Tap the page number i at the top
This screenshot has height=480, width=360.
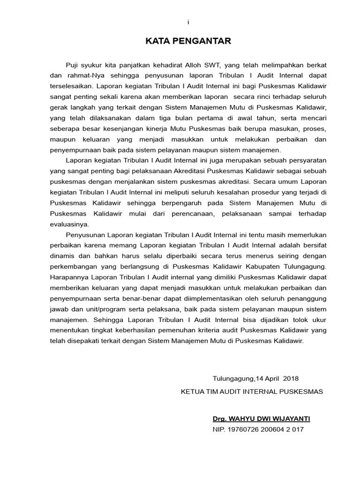click(x=188, y=22)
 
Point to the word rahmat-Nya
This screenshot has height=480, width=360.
click(x=80, y=75)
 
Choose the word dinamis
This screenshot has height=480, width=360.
click(x=60, y=256)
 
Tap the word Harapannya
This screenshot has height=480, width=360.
click(x=68, y=277)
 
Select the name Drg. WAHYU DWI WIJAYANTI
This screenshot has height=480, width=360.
click(x=261, y=418)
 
